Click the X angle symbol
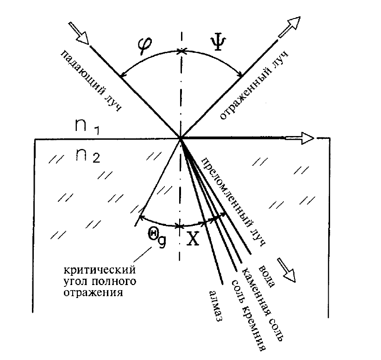(192, 239)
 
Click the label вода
(267, 275)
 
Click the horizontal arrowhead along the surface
(306, 137)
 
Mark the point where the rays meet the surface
(181, 137)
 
